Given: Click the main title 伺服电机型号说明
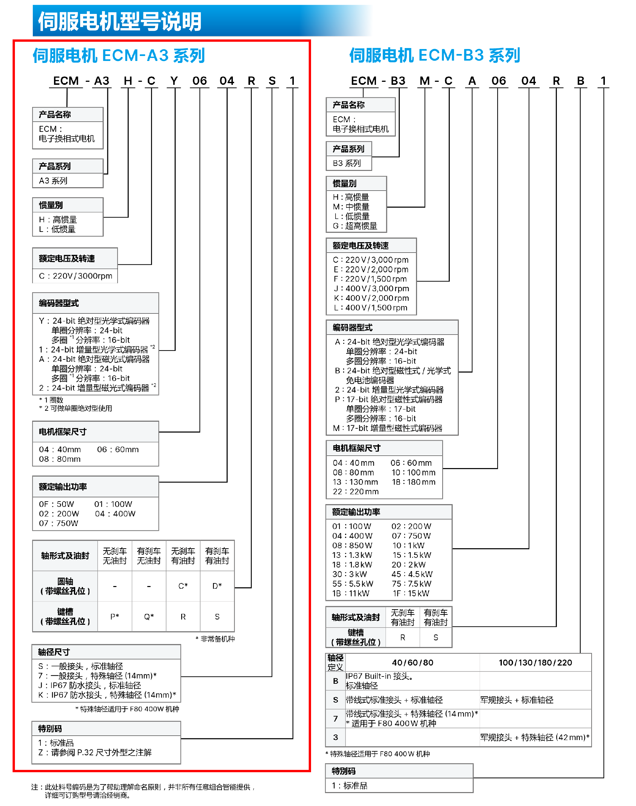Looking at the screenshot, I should point(120,21).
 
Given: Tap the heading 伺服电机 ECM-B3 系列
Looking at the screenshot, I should point(434,56).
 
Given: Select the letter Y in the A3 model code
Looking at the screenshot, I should point(174,81).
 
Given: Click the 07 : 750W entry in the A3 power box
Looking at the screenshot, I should point(58,523).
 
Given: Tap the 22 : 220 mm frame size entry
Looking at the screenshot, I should point(356,492).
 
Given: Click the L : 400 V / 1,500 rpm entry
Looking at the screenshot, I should point(371,308).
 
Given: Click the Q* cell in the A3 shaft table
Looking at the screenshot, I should point(149,617).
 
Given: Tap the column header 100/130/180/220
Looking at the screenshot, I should point(535,663).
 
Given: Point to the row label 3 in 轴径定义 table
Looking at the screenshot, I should point(336,737).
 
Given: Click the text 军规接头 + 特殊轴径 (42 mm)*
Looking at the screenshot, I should point(535,737).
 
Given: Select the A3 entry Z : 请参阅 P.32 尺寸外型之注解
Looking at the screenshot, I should point(95,752).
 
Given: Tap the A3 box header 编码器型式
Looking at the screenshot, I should point(59,303).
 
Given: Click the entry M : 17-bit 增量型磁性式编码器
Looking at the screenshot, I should point(388,428).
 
